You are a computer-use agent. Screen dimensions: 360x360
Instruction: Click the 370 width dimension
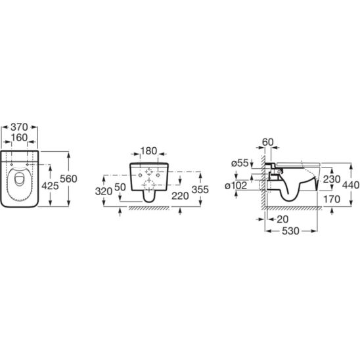pos(19,127)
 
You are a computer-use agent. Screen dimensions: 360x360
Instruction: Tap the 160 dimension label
pos(19,137)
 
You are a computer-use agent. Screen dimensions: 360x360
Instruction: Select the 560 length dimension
pos(68,179)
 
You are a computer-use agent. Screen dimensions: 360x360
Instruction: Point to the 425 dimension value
pos(50,186)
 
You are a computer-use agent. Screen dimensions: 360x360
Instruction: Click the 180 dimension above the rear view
pos(148,151)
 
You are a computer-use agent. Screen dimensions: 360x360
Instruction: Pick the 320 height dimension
pos(104,191)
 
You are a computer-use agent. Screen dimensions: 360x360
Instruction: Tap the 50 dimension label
pos(120,187)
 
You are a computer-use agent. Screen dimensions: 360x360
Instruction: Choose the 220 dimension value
pos(180,196)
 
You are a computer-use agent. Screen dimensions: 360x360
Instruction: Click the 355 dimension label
pos(200,189)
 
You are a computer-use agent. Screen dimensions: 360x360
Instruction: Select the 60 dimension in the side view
pos(268,142)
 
